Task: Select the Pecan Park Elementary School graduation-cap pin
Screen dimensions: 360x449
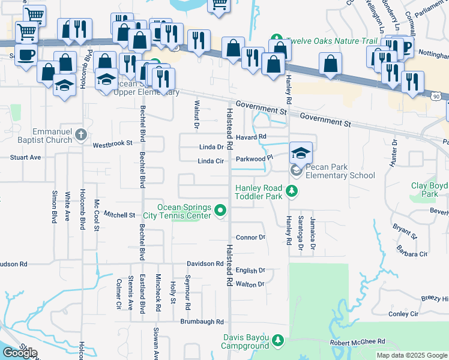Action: [301, 153]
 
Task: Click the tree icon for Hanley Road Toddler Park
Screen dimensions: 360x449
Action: [292, 191]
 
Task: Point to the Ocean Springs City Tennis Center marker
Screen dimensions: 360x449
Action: [220, 210]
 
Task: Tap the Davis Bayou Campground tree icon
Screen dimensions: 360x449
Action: [277, 341]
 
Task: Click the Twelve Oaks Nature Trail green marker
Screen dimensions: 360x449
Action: [276, 40]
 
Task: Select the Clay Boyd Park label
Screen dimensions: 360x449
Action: [429, 190]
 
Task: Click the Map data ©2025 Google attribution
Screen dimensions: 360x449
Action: [412, 355]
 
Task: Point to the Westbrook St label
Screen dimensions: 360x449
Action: [112, 145]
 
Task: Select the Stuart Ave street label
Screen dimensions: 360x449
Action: [25, 157]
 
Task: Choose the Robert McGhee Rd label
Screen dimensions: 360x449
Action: [357, 341]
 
